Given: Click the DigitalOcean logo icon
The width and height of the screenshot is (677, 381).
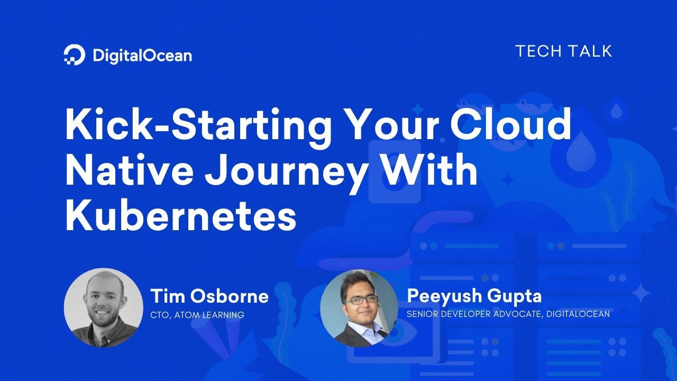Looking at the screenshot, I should tap(75, 55).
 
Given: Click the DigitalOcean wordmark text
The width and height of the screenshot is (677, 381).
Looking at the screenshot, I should tap(142, 56).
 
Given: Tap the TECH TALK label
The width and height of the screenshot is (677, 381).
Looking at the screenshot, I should tap(563, 51).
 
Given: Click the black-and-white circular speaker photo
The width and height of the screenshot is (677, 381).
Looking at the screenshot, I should tap(103, 307).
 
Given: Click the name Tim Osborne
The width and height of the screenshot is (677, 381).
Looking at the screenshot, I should tap(209, 296).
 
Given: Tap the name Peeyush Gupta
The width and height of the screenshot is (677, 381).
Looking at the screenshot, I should tap(474, 296).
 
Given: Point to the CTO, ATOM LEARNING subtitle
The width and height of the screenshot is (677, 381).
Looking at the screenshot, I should tap(197, 315).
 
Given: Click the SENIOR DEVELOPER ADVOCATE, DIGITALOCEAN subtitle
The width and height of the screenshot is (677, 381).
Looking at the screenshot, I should tap(508, 314).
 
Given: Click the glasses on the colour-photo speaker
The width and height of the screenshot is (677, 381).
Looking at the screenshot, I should tap(361, 300).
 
